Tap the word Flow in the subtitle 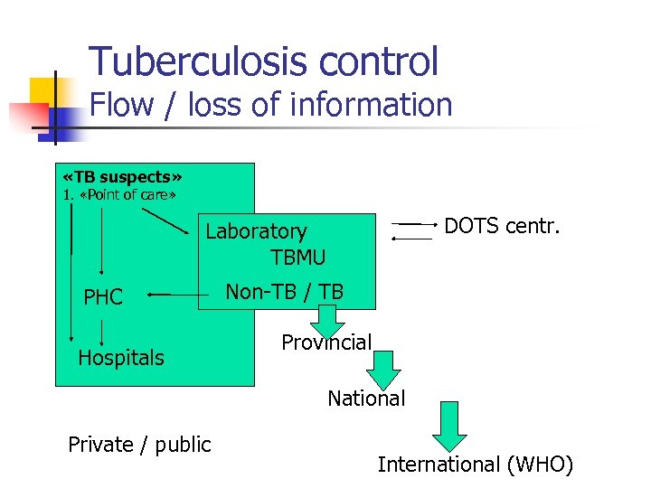(x=124, y=105)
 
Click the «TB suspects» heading (x=123, y=176)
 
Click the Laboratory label (x=256, y=232)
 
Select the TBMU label (x=297, y=257)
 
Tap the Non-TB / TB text (x=284, y=291)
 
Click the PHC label (x=103, y=297)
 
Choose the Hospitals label (x=121, y=358)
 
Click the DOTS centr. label (x=502, y=224)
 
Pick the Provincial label (x=326, y=343)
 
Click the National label (x=366, y=398)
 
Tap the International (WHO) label (x=476, y=465)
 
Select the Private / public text (x=139, y=444)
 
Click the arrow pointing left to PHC (x=172, y=294)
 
